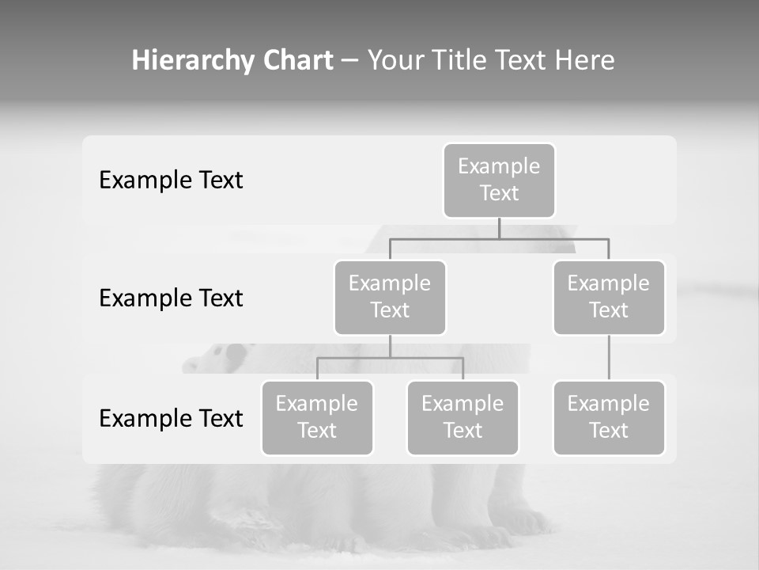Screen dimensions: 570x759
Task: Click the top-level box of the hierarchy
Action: pyautogui.click(x=499, y=180)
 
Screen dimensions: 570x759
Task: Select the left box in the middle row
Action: pyautogui.click(x=390, y=297)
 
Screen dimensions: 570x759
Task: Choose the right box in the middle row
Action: pyautogui.click(x=609, y=297)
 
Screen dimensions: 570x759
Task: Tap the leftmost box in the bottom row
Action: pyautogui.click(x=317, y=417)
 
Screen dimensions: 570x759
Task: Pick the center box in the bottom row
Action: pyautogui.click(x=463, y=417)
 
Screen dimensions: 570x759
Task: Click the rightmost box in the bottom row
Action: pyautogui.click(x=609, y=417)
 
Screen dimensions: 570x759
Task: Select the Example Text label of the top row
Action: pyautogui.click(x=171, y=180)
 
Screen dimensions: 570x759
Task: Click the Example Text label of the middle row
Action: pyautogui.click(x=171, y=298)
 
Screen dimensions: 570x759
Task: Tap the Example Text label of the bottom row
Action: pyautogui.click(x=171, y=418)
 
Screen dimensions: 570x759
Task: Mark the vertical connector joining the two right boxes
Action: pyautogui.click(x=609, y=358)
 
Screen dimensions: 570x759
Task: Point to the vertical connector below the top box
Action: pyautogui.click(x=499, y=228)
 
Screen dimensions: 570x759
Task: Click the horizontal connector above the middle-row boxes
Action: pyautogui.click(x=499, y=238)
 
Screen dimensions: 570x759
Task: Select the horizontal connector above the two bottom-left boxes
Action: pyautogui.click(x=390, y=358)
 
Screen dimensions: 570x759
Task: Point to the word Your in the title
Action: pyautogui.click(x=395, y=60)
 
